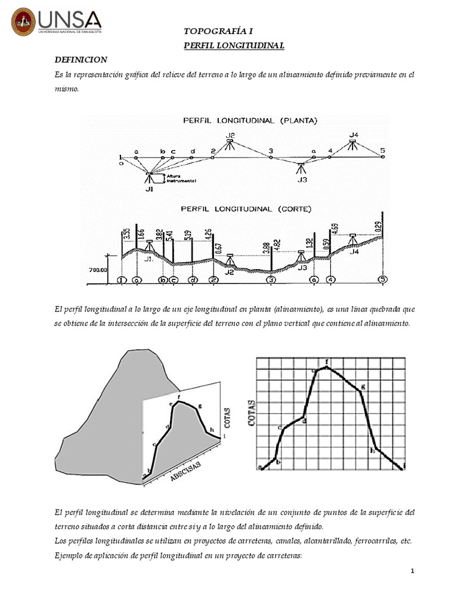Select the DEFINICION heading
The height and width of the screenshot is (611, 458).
(x=81, y=60)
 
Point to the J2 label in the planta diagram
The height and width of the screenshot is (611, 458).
(x=231, y=135)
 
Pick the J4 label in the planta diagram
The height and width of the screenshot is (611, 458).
(x=354, y=135)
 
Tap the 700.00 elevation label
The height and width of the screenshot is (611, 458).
(x=98, y=270)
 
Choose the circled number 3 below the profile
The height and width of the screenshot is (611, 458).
(x=271, y=279)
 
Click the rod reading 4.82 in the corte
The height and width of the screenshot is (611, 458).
(x=277, y=246)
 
